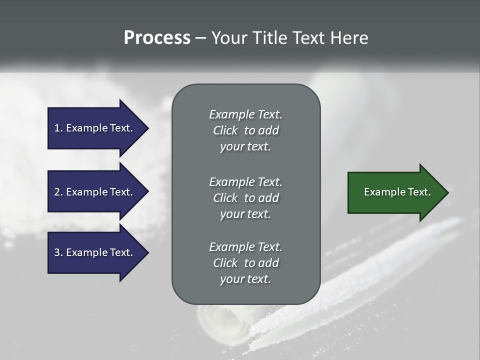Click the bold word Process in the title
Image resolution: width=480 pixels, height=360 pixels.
157,38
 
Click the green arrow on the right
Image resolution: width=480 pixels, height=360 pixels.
395,192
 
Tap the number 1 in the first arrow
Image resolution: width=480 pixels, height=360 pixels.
57,128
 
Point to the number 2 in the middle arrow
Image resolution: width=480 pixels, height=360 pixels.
57,192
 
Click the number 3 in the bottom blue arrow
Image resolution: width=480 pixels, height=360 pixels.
57,252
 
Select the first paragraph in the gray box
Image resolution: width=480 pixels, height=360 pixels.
245,130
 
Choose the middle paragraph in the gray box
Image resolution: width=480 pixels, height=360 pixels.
245,197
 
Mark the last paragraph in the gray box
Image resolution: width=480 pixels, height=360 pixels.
245,263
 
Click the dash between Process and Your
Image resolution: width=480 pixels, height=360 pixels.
201,38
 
